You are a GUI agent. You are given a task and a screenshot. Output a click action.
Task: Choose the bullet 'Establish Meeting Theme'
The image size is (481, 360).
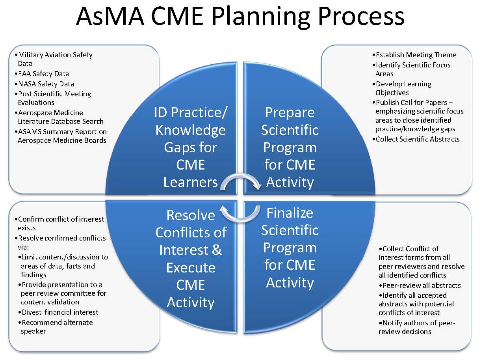pos(415,55)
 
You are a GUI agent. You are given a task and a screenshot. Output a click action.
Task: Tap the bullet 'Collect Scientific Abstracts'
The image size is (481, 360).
pos(417,139)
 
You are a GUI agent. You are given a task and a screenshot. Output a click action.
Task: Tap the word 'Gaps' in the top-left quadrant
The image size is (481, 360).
pos(191,148)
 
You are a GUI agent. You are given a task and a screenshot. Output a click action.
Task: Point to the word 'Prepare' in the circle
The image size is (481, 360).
pos(290,113)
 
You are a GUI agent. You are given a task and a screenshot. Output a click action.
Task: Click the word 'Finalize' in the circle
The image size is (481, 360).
pos(290,213)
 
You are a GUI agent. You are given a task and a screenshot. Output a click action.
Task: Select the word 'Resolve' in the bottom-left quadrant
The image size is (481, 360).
pos(191,215)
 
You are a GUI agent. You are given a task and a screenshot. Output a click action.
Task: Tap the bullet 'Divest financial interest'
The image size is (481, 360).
pos(59,312)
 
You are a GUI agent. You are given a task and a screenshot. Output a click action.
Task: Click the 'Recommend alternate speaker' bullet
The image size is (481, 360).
pos(57,326)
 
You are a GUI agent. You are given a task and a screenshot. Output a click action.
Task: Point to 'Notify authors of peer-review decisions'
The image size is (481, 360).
pos(418,327)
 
